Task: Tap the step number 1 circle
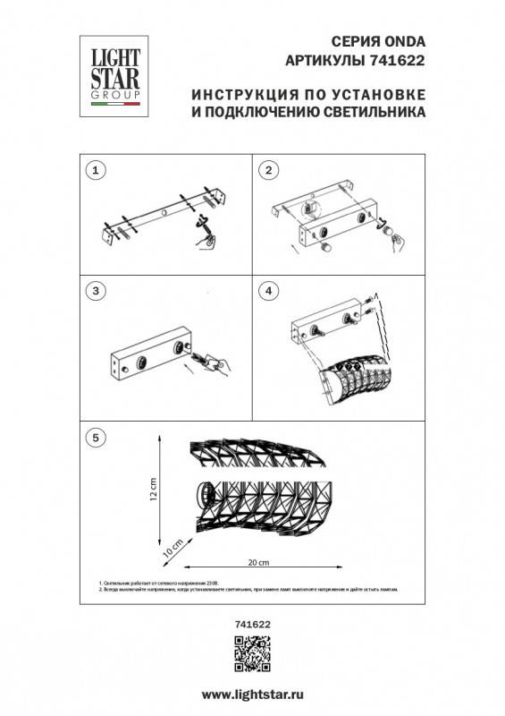coord(99,169)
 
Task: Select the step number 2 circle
coord(266,169)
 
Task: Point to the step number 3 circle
coord(99,291)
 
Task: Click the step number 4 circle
coord(266,291)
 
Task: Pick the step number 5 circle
coord(99,437)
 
